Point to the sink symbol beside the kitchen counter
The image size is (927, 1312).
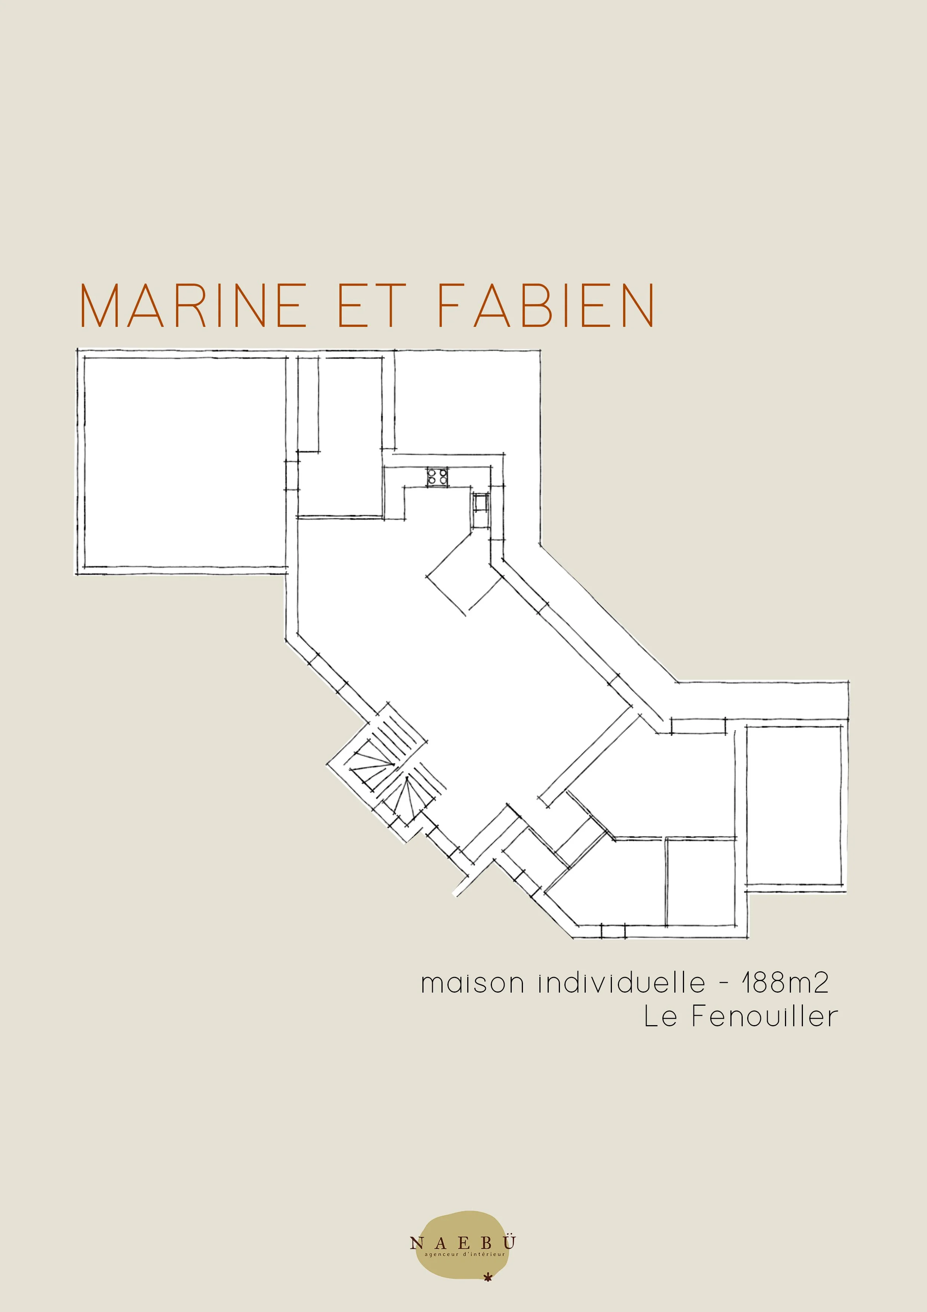coord(480,502)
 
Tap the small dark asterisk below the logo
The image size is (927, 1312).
coord(487,1277)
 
